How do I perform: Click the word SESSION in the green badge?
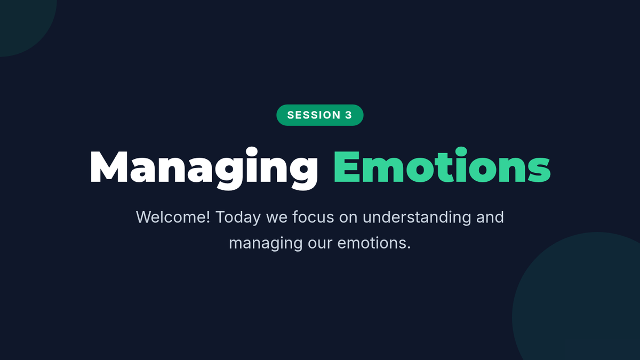pyautogui.click(x=314, y=115)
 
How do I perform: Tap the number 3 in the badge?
pyautogui.click(x=349, y=115)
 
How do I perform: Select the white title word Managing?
pyautogui.click(x=204, y=169)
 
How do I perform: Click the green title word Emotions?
pyautogui.click(x=442, y=166)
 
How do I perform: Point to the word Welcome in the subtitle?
pyautogui.click(x=171, y=217)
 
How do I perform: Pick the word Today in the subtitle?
pyautogui.click(x=238, y=218)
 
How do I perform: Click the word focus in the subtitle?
pyautogui.click(x=313, y=217)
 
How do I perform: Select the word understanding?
pyautogui.click(x=417, y=218)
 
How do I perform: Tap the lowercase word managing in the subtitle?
pyautogui.click(x=266, y=244)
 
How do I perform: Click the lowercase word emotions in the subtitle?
pyautogui.click(x=372, y=243)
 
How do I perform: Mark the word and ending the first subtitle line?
pyautogui.click(x=490, y=217)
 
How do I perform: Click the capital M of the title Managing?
pyautogui.click(x=109, y=166)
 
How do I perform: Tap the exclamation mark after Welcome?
pyautogui.click(x=207, y=217)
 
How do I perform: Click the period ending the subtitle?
pyautogui.click(x=409, y=249)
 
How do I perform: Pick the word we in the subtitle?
pyautogui.click(x=277, y=219)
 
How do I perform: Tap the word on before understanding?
pyautogui.click(x=348, y=219)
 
